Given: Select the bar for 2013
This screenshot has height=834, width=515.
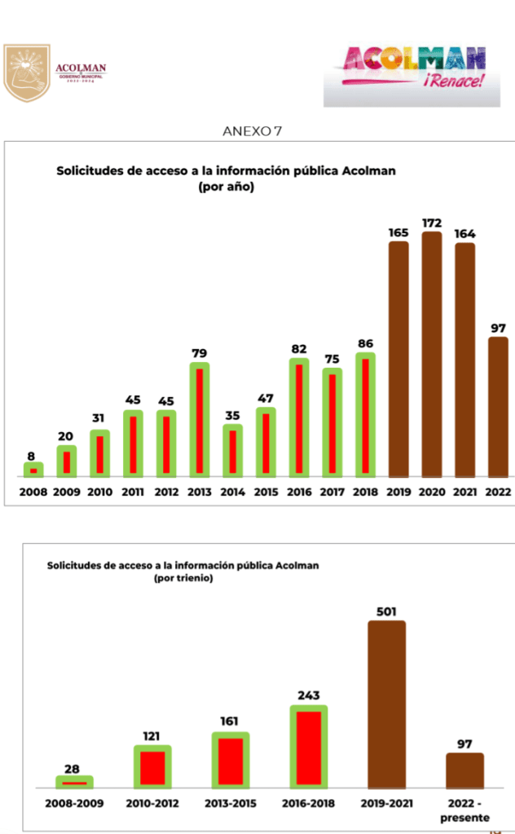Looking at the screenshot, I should point(200,420).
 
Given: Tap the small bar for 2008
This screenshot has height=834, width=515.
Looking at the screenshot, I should point(33,470).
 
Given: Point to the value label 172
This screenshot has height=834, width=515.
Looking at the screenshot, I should point(432,223).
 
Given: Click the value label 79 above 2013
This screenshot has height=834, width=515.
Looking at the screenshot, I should point(200,353).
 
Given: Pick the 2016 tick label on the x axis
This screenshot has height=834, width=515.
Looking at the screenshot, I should point(299,492).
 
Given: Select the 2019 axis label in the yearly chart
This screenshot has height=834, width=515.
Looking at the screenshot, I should point(398,492).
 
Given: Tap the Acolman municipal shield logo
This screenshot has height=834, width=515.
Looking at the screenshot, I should point(27,73).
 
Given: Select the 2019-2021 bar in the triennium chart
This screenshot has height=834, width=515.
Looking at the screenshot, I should point(386,704).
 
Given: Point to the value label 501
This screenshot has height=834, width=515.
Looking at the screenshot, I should point(386,611).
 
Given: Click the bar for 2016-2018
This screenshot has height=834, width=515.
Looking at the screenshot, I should point(308,748).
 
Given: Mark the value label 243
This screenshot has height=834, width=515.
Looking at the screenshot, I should point(308,695).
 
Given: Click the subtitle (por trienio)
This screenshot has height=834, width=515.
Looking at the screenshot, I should point(183,578).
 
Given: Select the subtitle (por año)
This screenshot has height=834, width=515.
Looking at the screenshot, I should point(226,188).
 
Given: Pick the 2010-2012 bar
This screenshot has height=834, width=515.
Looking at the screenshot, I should point(152,767).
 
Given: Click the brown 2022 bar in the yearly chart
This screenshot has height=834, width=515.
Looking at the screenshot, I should point(498,407).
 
